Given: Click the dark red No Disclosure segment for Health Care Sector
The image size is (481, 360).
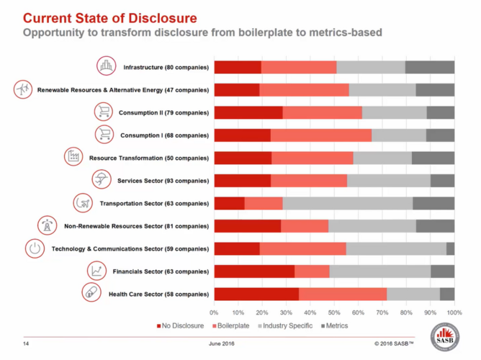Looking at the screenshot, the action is click(x=256, y=294).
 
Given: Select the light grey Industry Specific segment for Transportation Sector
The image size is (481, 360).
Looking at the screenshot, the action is click(x=348, y=203).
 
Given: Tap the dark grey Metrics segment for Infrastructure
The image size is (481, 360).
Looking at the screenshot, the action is click(x=430, y=67).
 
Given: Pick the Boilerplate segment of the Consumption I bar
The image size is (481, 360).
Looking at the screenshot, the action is click(x=321, y=135).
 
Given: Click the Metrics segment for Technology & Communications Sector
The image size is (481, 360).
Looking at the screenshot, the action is click(x=450, y=248).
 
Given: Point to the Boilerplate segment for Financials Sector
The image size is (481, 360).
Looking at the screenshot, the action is click(x=312, y=271).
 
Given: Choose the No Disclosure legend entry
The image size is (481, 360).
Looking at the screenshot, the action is click(x=180, y=325).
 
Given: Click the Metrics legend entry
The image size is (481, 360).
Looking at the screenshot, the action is click(x=334, y=325).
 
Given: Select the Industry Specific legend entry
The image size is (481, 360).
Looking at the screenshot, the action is click(x=285, y=325).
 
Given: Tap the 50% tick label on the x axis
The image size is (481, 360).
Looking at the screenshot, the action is click(x=334, y=312).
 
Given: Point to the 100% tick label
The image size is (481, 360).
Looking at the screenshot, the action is click(x=454, y=312).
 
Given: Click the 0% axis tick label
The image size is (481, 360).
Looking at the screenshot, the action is click(x=214, y=312).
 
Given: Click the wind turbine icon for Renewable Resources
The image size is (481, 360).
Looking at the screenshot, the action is click(x=23, y=89).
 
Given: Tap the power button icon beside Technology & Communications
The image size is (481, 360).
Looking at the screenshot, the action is click(x=35, y=248).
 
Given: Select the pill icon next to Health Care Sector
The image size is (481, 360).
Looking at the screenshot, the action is click(x=91, y=292).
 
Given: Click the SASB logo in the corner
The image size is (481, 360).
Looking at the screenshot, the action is click(x=445, y=337).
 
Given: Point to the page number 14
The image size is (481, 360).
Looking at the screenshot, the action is click(x=26, y=343).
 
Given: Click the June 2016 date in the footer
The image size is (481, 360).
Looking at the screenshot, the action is click(x=222, y=343).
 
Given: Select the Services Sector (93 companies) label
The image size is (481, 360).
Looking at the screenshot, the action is click(x=163, y=181).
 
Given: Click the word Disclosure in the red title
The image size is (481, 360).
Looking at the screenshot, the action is click(x=163, y=18).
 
